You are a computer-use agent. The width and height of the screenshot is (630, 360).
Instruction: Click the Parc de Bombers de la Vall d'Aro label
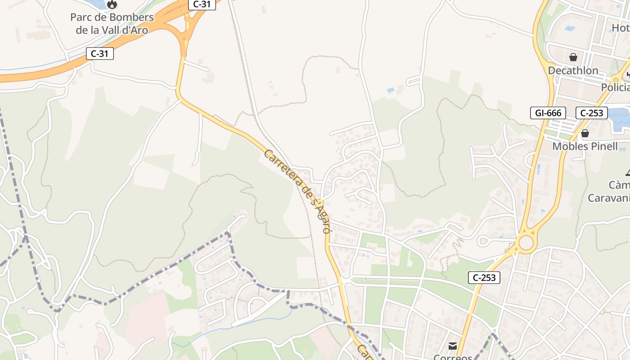click(x=112, y=24)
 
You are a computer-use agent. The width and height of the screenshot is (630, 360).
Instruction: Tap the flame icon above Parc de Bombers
click(x=112, y=4)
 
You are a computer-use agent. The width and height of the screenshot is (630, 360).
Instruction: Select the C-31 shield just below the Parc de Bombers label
click(x=100, y=54)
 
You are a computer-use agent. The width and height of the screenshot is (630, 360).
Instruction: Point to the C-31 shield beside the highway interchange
click(x=202, y=4)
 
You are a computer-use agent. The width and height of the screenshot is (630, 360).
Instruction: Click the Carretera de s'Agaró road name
click(x=297, y=191)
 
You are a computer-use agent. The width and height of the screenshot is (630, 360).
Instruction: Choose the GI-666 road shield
click(x=548, y=112)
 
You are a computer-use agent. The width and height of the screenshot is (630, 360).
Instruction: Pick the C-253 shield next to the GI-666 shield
click(x=592, y=112)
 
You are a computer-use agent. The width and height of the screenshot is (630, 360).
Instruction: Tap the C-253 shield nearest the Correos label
click(x=484, y=278)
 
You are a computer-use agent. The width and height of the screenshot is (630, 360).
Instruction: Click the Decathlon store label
click(x=573, y=70)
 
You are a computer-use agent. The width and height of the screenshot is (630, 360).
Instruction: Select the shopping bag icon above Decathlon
click(x=573, y=57)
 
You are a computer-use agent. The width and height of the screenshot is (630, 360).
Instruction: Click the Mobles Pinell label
click(x=585, y=146)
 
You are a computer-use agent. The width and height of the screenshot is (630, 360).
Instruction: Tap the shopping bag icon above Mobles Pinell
click(x=585, y=133)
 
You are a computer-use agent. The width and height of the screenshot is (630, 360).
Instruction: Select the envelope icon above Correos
click(x=453, y=346)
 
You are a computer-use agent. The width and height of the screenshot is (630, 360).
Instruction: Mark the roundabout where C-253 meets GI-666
click(x=526, y=243)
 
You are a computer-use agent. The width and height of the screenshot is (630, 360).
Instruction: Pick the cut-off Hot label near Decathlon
click(x=620, y=28)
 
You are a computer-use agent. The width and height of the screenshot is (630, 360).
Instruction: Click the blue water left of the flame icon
click(x=97, y=4)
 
